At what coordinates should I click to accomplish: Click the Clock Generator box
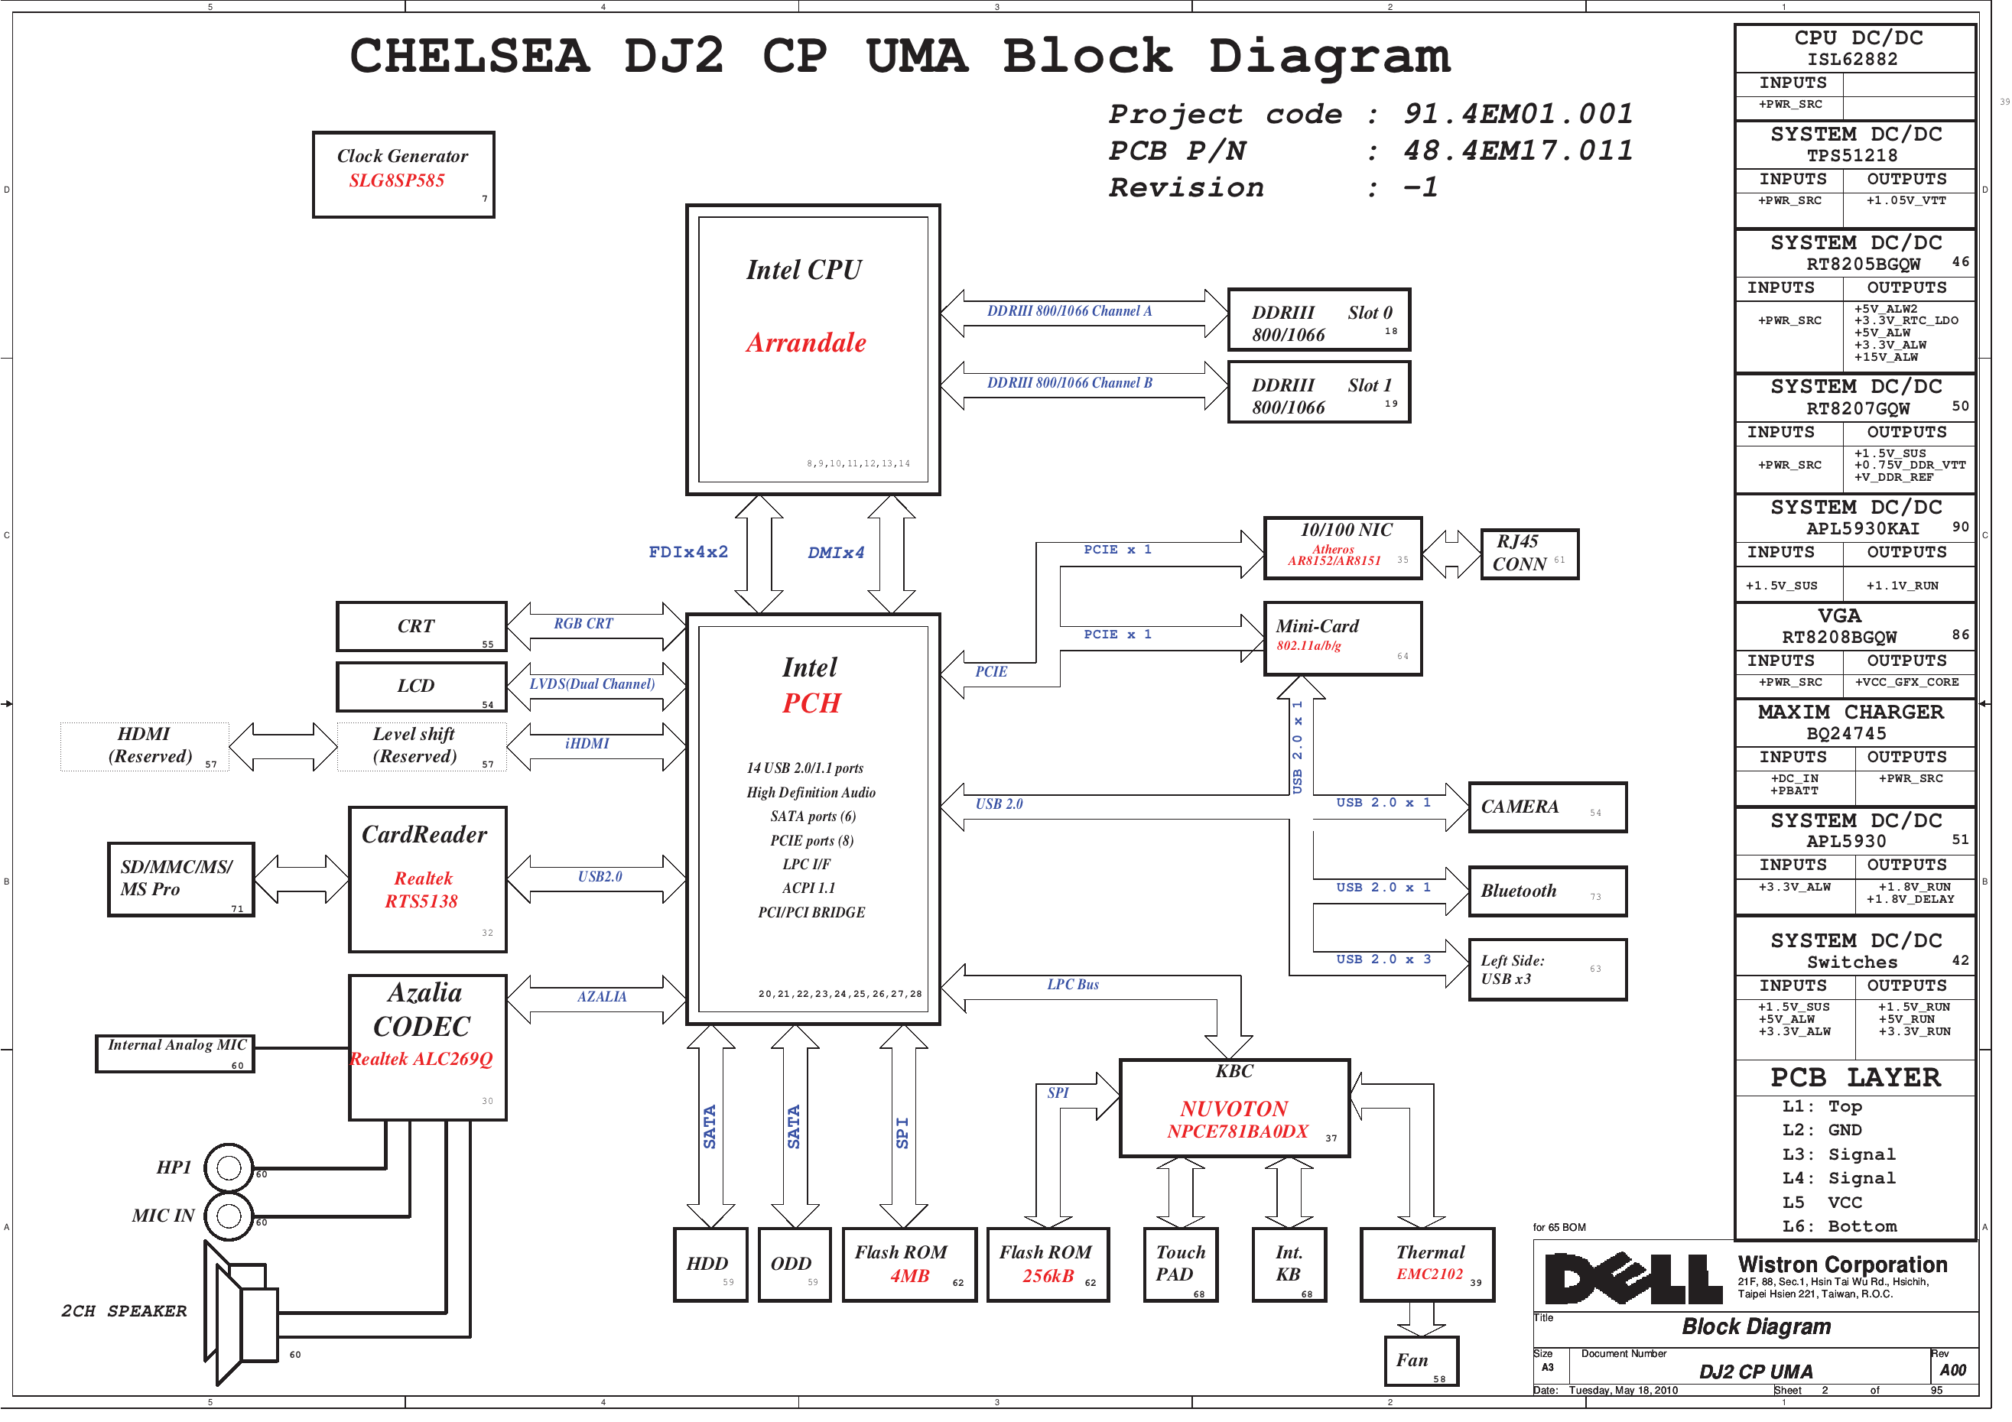tap(403, 174)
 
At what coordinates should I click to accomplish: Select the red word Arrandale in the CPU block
tap(805, 343)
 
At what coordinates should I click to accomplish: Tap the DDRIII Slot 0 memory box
tap(1318, 320)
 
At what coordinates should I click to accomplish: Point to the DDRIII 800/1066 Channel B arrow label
tap(1069, 383)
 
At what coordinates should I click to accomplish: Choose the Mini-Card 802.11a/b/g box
tap(1341, 638)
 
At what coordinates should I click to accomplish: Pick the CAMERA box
tap(1547, 807)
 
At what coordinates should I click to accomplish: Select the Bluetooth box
tap(1547, 891)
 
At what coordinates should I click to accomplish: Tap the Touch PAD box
tap(1179, 1265)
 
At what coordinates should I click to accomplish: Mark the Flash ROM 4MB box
tap(908, 1265)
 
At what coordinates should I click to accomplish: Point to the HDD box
tap(710, 1265)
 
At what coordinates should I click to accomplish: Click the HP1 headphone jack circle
tap(229, 1167)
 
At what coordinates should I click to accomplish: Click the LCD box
tap(421, 686)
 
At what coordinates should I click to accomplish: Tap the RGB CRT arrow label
tap(583, 624)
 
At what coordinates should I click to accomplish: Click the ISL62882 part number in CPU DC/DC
tap(1851, 60)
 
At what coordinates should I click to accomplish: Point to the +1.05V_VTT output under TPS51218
tap(1905, 200)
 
